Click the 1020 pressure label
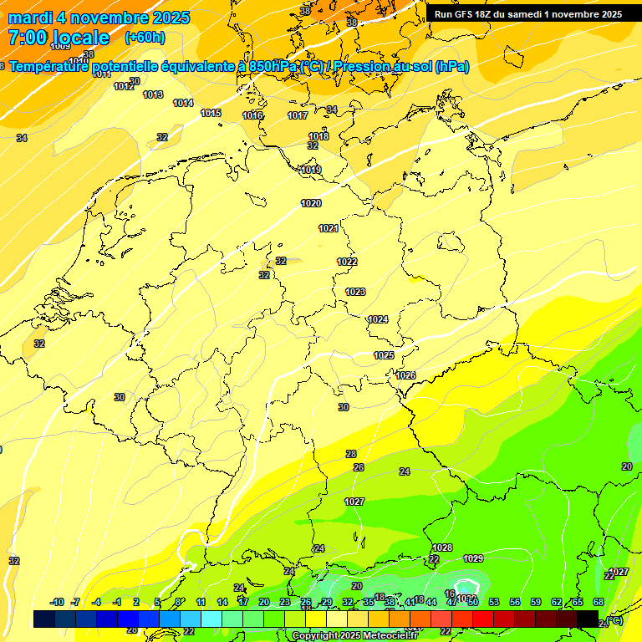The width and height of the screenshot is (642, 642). tap(311, 203)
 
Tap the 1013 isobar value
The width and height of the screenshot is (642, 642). tap(153, 94)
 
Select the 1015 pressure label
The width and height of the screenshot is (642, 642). tap(211, 113)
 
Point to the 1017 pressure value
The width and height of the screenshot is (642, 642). tap(298, 115)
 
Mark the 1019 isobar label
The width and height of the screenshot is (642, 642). tap(311, 170)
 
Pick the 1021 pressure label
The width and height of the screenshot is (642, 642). tap(329, 228)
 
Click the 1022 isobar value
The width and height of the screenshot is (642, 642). tap(347, 262)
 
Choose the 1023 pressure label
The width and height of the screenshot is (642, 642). tap(355, 292)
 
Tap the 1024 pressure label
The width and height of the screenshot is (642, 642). tap(378, 319)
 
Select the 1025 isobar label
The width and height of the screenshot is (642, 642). tap(384, 355)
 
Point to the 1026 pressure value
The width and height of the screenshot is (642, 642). tap(405, 375)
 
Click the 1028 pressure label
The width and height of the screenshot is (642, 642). tap(442, 548)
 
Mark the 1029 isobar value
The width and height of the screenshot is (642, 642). tap(473, 558)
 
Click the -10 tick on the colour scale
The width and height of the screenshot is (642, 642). tap(57, 602)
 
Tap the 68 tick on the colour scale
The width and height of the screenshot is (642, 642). tap(599, 602)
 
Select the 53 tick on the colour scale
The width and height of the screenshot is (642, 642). tap(494, 602)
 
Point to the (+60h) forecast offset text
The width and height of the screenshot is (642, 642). tap(145, 38)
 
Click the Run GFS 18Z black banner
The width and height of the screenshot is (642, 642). tap(527, 14)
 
